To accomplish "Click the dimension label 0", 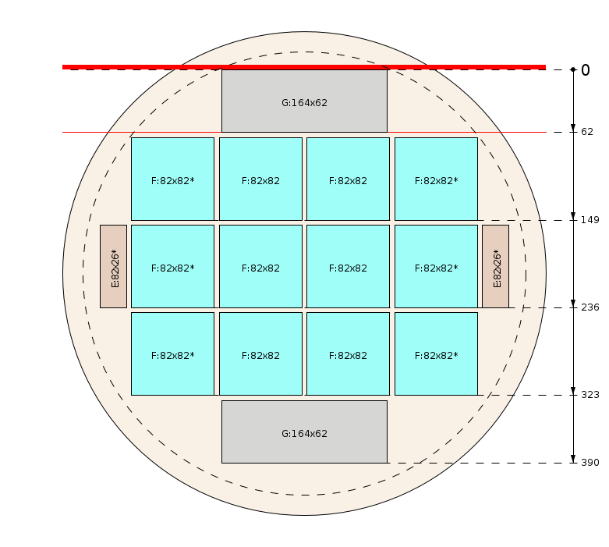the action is (586, 70).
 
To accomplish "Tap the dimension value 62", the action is (587, 132).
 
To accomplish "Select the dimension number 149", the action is (590, 220).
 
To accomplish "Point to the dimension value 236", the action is (590, 307).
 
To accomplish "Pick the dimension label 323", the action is (590, 395).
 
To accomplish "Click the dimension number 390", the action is (590, 463).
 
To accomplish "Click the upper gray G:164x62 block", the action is (304, 101).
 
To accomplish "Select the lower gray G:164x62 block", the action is (304, 432).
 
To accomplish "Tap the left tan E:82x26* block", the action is (113, 266).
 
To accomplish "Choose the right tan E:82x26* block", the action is (496, 266).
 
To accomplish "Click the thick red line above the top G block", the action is (304, 67).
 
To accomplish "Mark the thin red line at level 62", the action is (304, 132).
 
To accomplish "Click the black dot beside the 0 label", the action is (573, 69).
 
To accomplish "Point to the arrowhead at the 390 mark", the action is (573, 459).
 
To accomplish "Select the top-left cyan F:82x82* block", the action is (173, 179).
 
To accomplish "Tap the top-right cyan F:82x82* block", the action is (436, 179).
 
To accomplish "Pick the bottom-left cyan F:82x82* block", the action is (173, 353).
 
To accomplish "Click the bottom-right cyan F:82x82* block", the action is (436, 353).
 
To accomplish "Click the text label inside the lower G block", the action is (304, 434).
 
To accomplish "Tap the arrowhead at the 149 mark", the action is (573, 217).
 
